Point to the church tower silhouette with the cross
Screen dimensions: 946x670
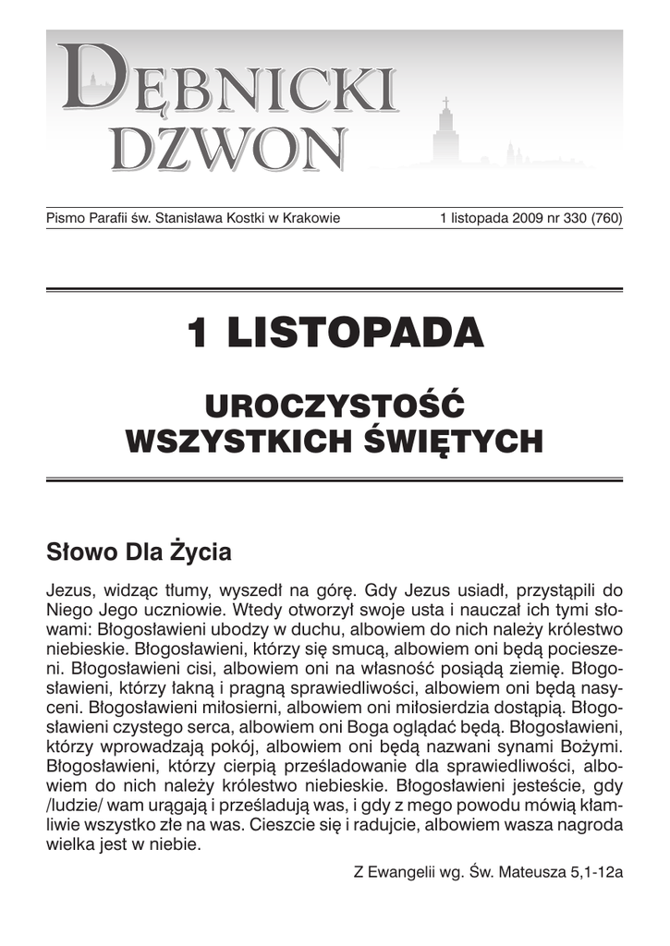click(x=445, y=129)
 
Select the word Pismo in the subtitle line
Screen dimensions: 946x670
click(x=65, y=219)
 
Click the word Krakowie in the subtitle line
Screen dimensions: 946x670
click(x=311, y=219)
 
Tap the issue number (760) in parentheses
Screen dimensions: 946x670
click(x=603, y=219)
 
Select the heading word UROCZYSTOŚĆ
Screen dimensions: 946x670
click(x=334, y=406)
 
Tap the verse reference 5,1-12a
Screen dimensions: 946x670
click(x=597, y=871)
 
